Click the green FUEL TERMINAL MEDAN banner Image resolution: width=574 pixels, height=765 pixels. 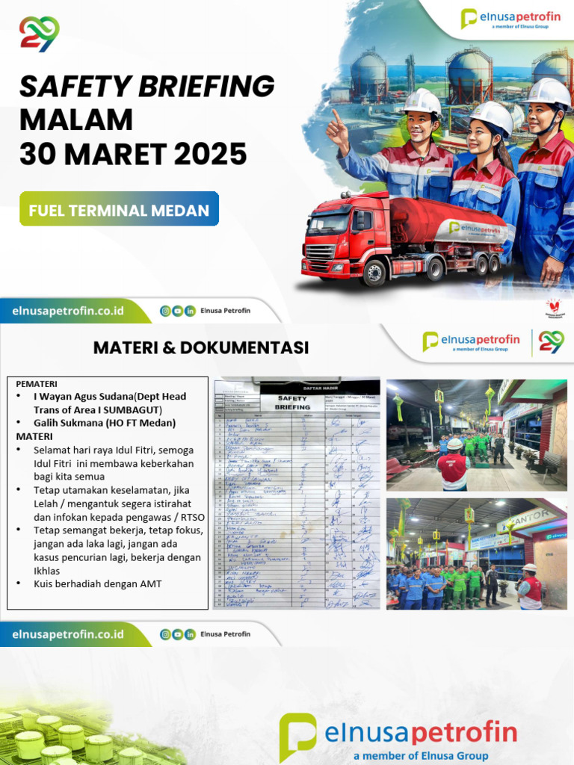119,210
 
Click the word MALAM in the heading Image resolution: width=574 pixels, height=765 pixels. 75,120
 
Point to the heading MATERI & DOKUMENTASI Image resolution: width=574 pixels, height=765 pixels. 201,347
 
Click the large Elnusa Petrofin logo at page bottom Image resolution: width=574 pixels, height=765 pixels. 398,737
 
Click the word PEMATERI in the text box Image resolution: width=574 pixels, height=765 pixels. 37,383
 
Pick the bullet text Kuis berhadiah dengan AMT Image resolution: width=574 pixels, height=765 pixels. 97,584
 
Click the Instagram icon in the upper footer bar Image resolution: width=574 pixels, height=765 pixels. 165,311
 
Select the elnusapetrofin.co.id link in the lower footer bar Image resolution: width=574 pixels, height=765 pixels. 68,634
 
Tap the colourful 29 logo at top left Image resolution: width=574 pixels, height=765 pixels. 39,34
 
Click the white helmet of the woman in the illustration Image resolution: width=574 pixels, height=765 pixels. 492,116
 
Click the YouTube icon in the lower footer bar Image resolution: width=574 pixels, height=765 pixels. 178,634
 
